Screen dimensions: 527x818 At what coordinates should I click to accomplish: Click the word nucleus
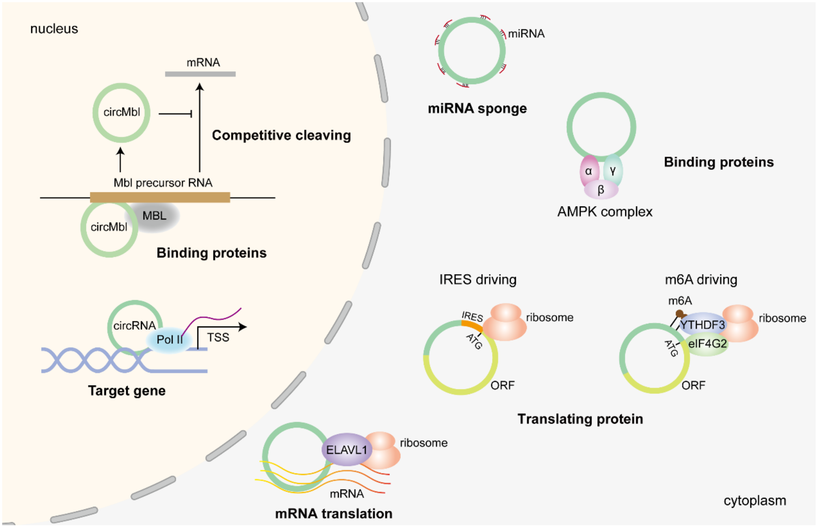tap(54, 29)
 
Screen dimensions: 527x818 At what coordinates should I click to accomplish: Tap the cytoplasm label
tap(754, 501)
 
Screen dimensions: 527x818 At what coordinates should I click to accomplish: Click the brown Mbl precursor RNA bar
tap(160, 198)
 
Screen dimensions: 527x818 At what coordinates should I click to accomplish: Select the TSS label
tap(218, 337)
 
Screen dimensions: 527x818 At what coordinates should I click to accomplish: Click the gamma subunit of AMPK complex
tap(613, 170)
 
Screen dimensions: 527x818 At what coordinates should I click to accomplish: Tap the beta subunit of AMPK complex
tap(601, 190)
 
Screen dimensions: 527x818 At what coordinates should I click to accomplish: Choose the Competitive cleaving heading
tap(281, 135)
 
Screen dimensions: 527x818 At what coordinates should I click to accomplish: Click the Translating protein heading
tap(580, 419)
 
